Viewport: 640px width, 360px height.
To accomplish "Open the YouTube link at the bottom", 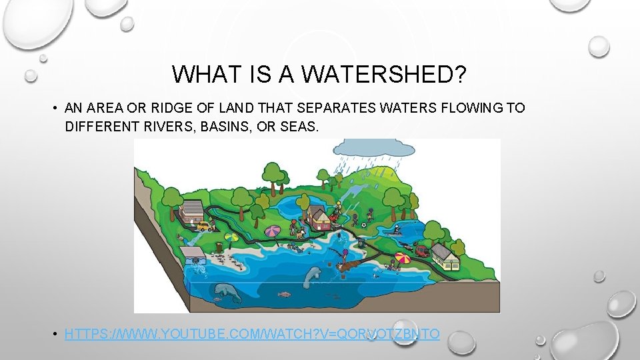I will pos(252,333).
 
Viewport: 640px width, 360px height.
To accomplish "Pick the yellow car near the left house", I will pos(203,227).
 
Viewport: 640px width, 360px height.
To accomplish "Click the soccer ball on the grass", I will pos(363,225).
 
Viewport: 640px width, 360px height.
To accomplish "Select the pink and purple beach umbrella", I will pos(273,231).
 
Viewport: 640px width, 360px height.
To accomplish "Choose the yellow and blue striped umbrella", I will pos(232,237).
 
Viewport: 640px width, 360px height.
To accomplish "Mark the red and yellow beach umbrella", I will pos(403,257).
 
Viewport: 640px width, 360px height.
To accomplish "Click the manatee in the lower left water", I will pos(223,290).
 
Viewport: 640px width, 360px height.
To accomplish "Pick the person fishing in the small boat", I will pos(396,231).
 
